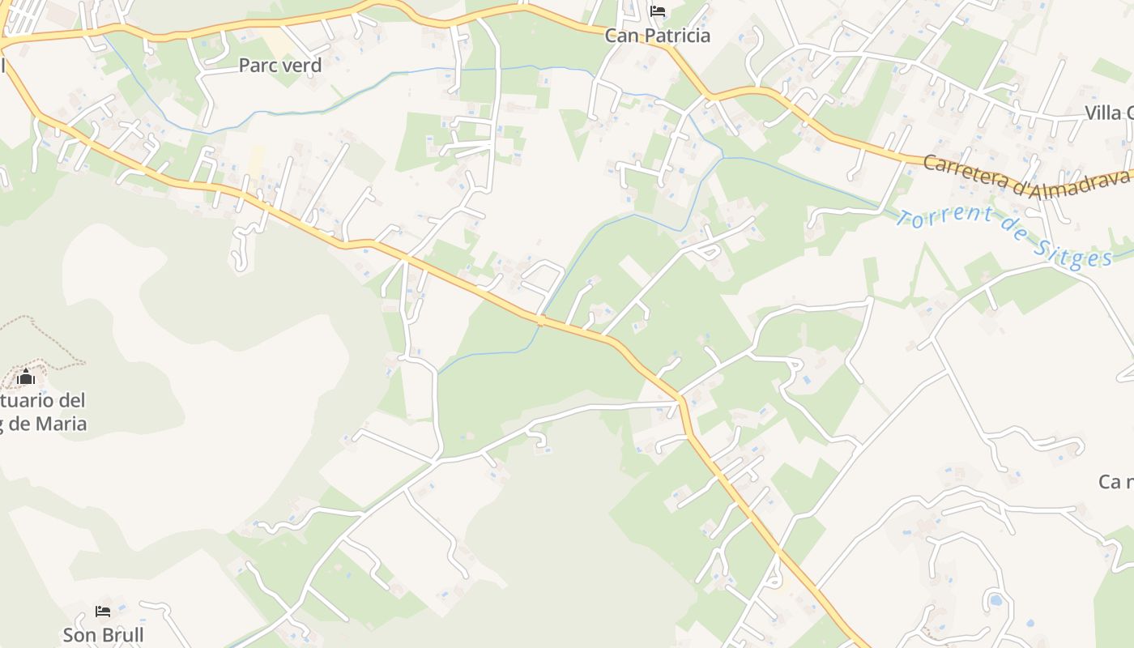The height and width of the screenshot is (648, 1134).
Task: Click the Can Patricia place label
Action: tap(658, 36)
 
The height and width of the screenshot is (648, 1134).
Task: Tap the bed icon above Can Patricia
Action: tap(658, 11)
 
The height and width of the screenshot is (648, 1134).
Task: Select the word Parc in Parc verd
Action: tap(258, 66)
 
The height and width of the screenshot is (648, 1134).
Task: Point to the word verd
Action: tap(301, 66)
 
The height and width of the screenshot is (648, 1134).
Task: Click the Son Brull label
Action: tap(104, 635)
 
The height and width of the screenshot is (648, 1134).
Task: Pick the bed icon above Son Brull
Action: tap(103, 612)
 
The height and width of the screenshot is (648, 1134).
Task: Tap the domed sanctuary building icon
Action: tap(26, 377)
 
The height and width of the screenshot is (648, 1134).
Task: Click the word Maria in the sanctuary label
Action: tap(58, 424)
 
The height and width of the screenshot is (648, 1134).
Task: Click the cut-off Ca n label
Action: tap(1115, 482)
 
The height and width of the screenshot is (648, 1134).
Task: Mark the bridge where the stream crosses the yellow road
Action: tap(540, 321)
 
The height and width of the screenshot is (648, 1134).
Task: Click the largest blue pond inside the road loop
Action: tap(995, 601)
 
